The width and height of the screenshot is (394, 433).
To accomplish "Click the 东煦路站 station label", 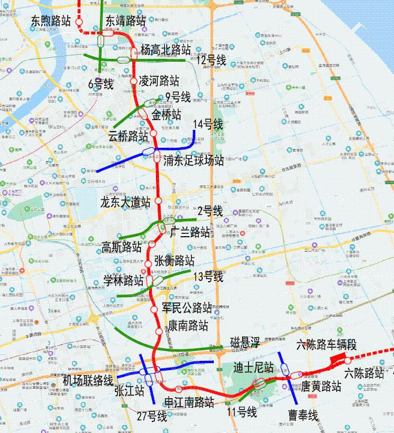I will click(x=51, y=20).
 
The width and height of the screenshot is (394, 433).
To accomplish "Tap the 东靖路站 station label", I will click(x=126, y=20).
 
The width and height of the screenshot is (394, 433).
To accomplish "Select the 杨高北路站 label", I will click(x=165, y=50).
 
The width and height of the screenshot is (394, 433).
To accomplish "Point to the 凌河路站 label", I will click(x=159, y=80).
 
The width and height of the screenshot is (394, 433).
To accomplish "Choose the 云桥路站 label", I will click(x=128, y=136).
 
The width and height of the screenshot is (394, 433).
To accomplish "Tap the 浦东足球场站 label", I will click(x=194, y=160).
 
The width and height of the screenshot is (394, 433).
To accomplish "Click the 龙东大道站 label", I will click(x=125, y=203).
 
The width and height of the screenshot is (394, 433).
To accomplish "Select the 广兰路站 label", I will click(x=191, y=232).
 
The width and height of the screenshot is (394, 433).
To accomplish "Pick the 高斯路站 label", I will click(x=122, y=247).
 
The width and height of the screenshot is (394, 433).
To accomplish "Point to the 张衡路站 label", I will click(x=174, y=260).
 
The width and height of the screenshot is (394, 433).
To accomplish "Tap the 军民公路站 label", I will click(x=187, y=307).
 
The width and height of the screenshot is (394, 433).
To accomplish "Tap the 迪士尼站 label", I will click(x=253, y=367).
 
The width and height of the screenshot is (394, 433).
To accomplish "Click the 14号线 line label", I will click(x=209, y=124).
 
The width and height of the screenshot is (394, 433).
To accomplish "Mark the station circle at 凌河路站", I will click(x=133, y=81).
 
